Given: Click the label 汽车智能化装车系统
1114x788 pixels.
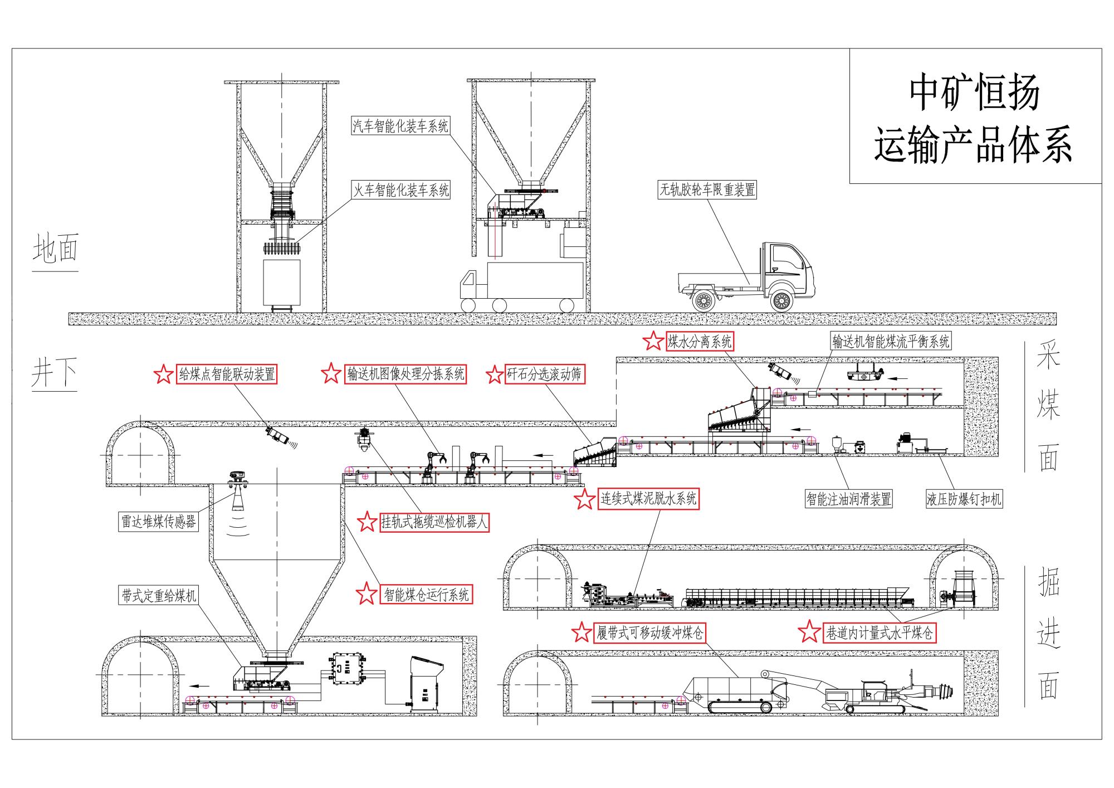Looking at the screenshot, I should pos(400,126).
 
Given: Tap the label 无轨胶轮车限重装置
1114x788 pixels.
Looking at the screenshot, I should pos(707,190).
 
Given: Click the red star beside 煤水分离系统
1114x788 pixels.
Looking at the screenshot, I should pos(653,341).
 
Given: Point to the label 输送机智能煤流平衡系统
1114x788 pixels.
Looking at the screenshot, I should pos(891,341).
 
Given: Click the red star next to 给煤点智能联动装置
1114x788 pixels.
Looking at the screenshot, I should pos(163,374).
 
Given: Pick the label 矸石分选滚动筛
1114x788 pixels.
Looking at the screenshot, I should pos(544,374).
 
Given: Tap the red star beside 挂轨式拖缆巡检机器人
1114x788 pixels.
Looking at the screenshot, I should pos(367,522).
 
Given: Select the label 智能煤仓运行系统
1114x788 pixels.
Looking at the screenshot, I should pos(427,595).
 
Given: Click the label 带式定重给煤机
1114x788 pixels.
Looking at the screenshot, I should pos(159,596).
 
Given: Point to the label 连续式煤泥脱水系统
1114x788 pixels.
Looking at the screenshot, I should pos(648,498).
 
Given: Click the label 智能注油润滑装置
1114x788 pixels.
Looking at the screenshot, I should pos(849,498).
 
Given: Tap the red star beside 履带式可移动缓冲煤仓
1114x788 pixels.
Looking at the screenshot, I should pos(582,633).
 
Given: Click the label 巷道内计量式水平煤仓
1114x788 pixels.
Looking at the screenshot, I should pos(880,633).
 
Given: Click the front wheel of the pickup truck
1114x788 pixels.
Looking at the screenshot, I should pos(781,301).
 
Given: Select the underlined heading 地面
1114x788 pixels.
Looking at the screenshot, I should pos(55,249).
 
